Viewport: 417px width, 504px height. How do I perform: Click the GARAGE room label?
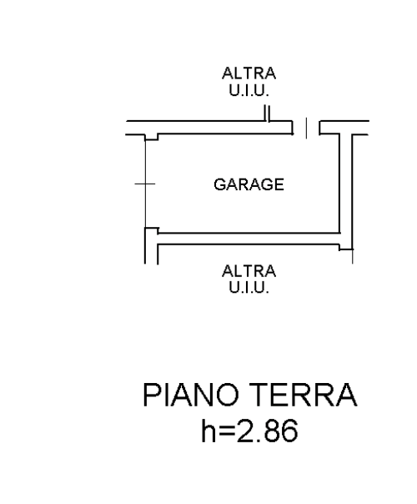tap(249, 184)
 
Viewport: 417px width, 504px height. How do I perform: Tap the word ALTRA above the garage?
tap(249, 73)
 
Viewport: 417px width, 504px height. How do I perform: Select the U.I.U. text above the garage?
tap(249, 90)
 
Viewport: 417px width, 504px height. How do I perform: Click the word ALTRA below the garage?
tap(249, 271)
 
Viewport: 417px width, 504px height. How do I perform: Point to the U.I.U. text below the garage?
tap(249, 287)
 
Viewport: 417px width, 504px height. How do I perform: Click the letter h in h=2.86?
tap(208, 430)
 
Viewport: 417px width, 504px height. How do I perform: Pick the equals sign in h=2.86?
tap(228, 431)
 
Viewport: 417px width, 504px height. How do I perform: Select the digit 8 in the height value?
tap(272, 431)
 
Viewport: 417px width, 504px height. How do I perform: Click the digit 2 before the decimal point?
tap(245, 430)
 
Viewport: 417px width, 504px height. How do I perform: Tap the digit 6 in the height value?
tap(290, 431)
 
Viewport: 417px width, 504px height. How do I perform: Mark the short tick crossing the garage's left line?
tap(145, 184)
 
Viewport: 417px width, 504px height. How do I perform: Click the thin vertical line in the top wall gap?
tap(306, 128)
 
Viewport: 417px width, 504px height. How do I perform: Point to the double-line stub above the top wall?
tap(267, 113)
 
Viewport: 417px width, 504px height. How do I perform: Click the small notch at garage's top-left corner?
tap(151, 137)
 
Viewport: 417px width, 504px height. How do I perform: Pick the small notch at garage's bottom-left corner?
tap(152, 230)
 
